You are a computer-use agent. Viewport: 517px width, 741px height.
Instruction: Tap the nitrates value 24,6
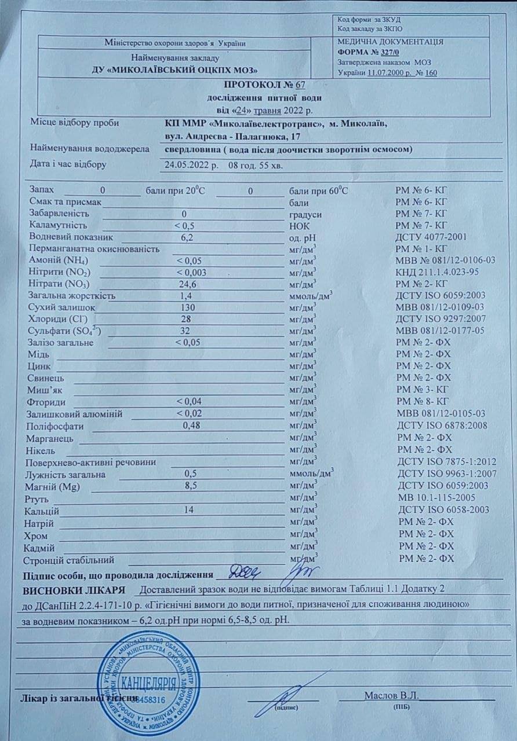pyautogui.click(x=187, y=284)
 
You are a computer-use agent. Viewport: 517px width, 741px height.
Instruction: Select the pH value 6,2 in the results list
pyautogui.click(x=187, y=237)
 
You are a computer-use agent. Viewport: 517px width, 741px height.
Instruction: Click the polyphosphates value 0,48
pyautogui.click(x=191, y=425)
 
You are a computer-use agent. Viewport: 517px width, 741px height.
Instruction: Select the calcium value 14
pyautogui.click(x=187, y=509)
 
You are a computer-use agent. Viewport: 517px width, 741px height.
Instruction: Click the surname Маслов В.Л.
pyautogui.click(x=392, y=695)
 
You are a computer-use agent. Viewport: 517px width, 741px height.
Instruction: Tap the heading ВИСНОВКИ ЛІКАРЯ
pyautogui.click(x=74, y=590)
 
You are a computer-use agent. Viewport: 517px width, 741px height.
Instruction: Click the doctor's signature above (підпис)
pyautogui.click(x=290, y=692)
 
